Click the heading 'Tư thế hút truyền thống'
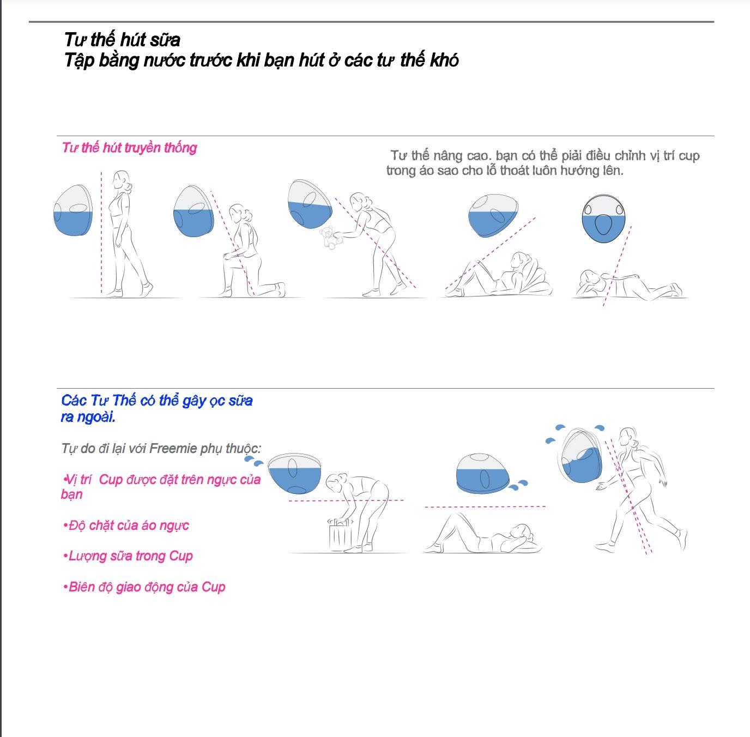[129, 148]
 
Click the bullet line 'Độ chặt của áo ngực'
[126, 525]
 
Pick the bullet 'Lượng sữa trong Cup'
[128, 556]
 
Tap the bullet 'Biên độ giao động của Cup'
[144, 587]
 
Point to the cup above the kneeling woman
[193, 212]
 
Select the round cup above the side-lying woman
[603, 219]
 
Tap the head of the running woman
[628, 437]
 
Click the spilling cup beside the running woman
[582, 456]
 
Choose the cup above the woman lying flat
[485, 473]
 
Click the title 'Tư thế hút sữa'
[122, 40]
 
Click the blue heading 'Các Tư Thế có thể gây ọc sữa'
[157, 400]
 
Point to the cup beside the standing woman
[73, 210]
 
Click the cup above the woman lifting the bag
[295, 473]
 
